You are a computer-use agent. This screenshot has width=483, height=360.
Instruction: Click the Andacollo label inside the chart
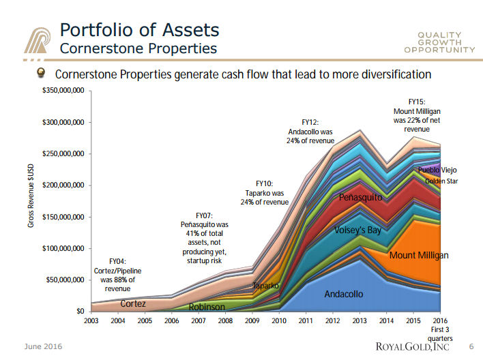point(344,295)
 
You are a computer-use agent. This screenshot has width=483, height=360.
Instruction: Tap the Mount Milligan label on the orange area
point(419,256)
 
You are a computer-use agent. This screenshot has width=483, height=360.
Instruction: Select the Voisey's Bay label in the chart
point(357,230)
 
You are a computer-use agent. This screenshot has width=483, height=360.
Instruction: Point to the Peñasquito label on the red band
point(361,198)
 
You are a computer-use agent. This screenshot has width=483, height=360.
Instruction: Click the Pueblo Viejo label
point(437,170)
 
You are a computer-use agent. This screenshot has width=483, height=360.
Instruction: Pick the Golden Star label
point(441,181)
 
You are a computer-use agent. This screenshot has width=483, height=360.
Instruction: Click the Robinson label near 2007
point(207,307)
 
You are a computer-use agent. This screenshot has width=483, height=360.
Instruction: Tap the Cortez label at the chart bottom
point(132,303)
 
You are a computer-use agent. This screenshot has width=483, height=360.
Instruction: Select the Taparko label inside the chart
point(266,286)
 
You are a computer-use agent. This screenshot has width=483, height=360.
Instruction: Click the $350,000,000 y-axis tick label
point(63,91)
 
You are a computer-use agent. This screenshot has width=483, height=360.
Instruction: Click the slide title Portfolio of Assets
point(140,30)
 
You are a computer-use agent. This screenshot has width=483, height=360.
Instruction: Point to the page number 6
point(471,347)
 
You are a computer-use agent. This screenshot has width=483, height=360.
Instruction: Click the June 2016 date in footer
point(43,347)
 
